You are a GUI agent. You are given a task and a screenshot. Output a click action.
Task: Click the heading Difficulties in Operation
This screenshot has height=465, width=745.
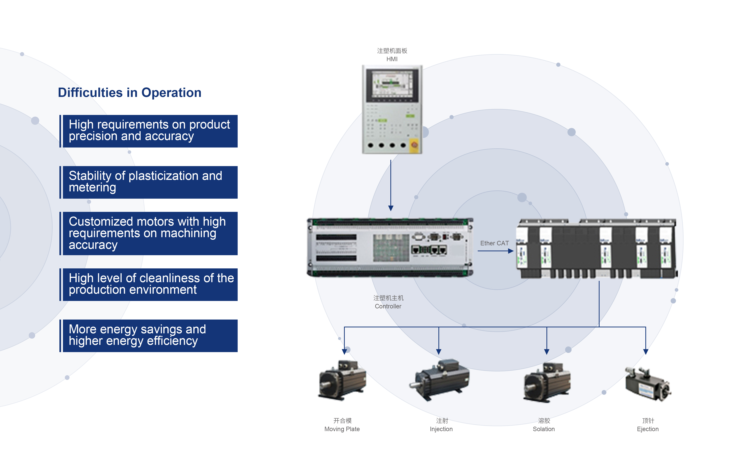[130, 93]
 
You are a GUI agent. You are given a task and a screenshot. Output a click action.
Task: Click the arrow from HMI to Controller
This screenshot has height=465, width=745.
[391, 185]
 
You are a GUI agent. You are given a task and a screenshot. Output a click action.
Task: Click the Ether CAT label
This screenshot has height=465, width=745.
[494, 243]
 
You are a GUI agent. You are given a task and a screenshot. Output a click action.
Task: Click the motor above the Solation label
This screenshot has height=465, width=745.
[547, 382]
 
